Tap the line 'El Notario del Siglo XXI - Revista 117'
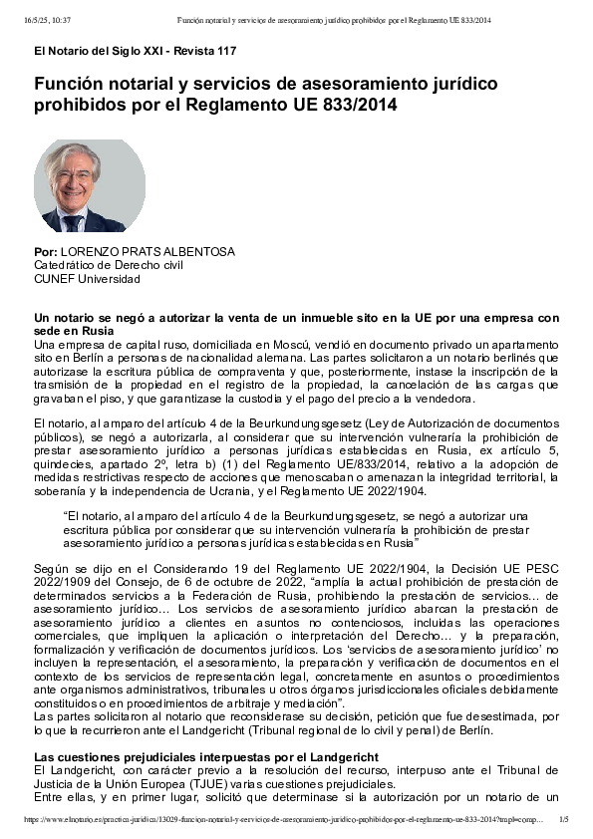[135, 51]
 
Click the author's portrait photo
[90, 186]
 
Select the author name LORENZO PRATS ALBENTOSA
[148, 252]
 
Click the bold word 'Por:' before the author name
[45, 252]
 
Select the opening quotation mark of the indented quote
[66, 517]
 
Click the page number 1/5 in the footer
[564, 819]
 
